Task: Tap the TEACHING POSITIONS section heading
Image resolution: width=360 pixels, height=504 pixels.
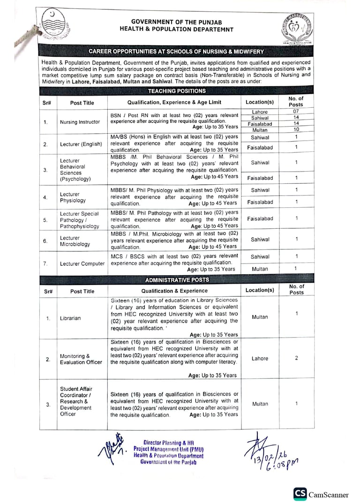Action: [177, 91]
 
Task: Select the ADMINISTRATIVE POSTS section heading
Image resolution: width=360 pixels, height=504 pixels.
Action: [177, 280]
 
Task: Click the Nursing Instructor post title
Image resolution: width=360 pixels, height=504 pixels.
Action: [80, 122]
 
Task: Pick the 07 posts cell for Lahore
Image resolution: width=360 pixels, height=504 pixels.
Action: [296, 112]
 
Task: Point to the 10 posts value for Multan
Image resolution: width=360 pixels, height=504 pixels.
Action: [296, 129]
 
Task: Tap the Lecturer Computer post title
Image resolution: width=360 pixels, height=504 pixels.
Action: [82, 263]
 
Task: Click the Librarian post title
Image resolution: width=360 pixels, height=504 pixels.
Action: [70, 318]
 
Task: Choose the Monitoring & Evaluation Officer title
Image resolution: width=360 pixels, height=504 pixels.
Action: [81, 359]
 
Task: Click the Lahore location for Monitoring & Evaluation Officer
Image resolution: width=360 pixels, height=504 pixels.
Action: [260, 359]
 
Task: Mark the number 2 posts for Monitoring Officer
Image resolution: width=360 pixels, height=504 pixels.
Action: [296, 358]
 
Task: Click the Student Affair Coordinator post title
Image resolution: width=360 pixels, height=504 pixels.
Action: [76, 401]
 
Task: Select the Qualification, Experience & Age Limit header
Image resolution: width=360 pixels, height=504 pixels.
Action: [174, 102]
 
